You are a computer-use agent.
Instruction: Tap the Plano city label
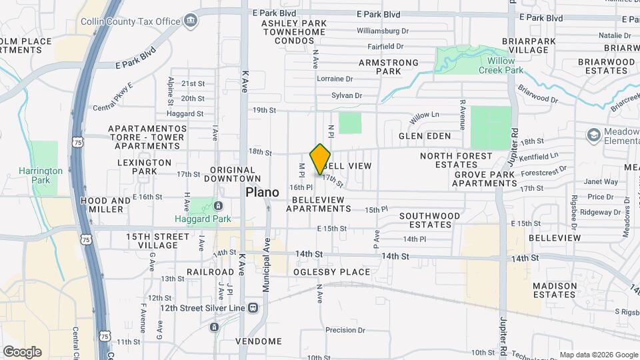(262, 192)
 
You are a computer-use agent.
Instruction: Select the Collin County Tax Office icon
(191, 20)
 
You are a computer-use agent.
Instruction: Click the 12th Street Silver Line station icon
(253, 308)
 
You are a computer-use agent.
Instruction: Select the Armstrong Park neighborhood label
(388, 67)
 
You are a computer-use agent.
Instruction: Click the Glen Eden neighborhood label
(425, 136)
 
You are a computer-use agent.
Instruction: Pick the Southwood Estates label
(429, 220)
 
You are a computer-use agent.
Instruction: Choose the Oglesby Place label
(331, 272)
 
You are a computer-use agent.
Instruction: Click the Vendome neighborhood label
(259, 341)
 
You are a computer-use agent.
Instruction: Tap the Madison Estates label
(555, 290)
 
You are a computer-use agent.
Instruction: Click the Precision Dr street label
(345, 330)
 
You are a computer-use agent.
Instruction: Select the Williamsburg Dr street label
(383, 31)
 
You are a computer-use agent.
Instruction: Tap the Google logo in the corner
(22, 352)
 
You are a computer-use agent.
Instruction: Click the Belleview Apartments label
(318, 204)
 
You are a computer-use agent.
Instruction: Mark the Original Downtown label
(232, 174)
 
